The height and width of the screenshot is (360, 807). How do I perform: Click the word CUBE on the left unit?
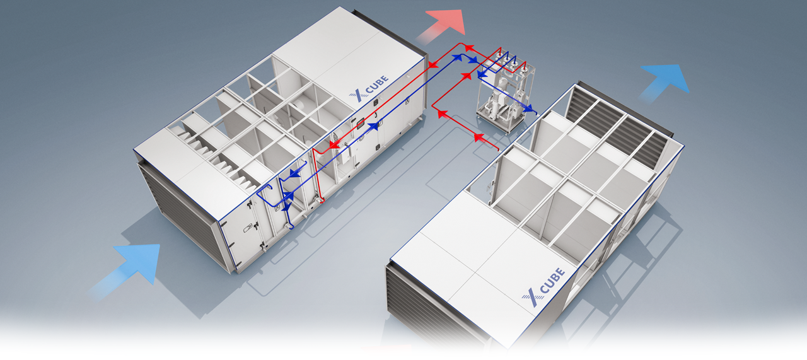click(377, 84)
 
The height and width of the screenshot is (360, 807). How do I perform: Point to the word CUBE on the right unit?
click(552, 281)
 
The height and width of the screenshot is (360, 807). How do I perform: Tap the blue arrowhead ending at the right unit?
click(528, 108)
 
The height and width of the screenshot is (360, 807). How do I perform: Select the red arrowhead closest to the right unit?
click(479, 137)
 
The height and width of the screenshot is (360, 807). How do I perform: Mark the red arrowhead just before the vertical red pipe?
click(335, 145)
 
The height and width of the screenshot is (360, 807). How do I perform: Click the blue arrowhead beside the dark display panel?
click(374, 126)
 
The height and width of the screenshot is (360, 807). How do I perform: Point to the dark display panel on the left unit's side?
click(361, 124)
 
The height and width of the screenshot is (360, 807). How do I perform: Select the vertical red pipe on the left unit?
click(316, 175)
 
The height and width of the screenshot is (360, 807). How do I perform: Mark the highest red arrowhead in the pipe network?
click(468, 47)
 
